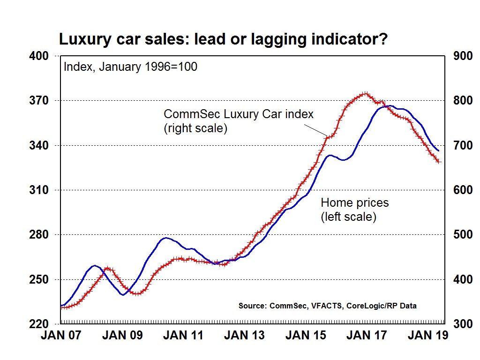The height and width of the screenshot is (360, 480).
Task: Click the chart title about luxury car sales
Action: (x=223, y=39)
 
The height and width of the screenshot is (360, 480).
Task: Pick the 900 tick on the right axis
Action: (x=462, y=56)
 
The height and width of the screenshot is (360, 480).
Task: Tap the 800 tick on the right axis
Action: (x=462, y=101)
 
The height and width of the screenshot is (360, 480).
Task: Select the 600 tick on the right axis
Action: (x=462, y=190)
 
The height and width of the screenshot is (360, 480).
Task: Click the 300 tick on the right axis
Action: (x=462, y=324)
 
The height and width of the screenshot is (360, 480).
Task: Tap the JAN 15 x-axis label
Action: (x=305, y=336)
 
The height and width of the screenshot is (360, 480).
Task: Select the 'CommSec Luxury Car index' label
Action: (x=238, y=114)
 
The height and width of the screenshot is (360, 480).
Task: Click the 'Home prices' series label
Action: (x=354, y=203)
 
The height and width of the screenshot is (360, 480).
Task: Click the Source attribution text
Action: (x=327, y=306)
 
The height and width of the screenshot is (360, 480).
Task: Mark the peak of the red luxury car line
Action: (x=365, y=94)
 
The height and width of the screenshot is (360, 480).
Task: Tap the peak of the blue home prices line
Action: (x=388, y=106)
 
